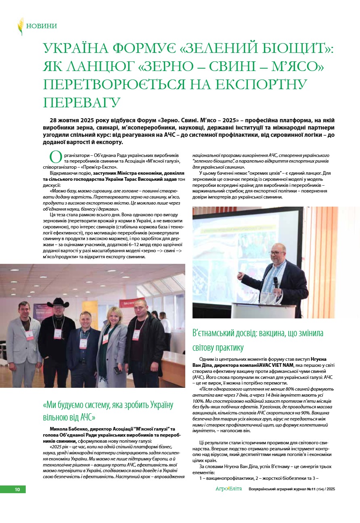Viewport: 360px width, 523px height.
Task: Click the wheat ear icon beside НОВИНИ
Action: [x=20, y=26]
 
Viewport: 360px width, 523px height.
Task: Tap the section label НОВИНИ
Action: [x=42, y=26]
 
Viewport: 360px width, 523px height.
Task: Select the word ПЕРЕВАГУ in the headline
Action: [x=82, y=102]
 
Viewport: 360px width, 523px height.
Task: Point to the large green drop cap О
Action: [x=55, y=157]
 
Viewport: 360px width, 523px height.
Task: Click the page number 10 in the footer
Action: [x=17, y=489]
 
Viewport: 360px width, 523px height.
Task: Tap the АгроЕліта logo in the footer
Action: [x=228, y=489]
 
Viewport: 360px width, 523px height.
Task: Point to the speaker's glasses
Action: [x=277, y=253]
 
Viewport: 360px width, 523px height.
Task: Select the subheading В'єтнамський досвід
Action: [x=258, y=340]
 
